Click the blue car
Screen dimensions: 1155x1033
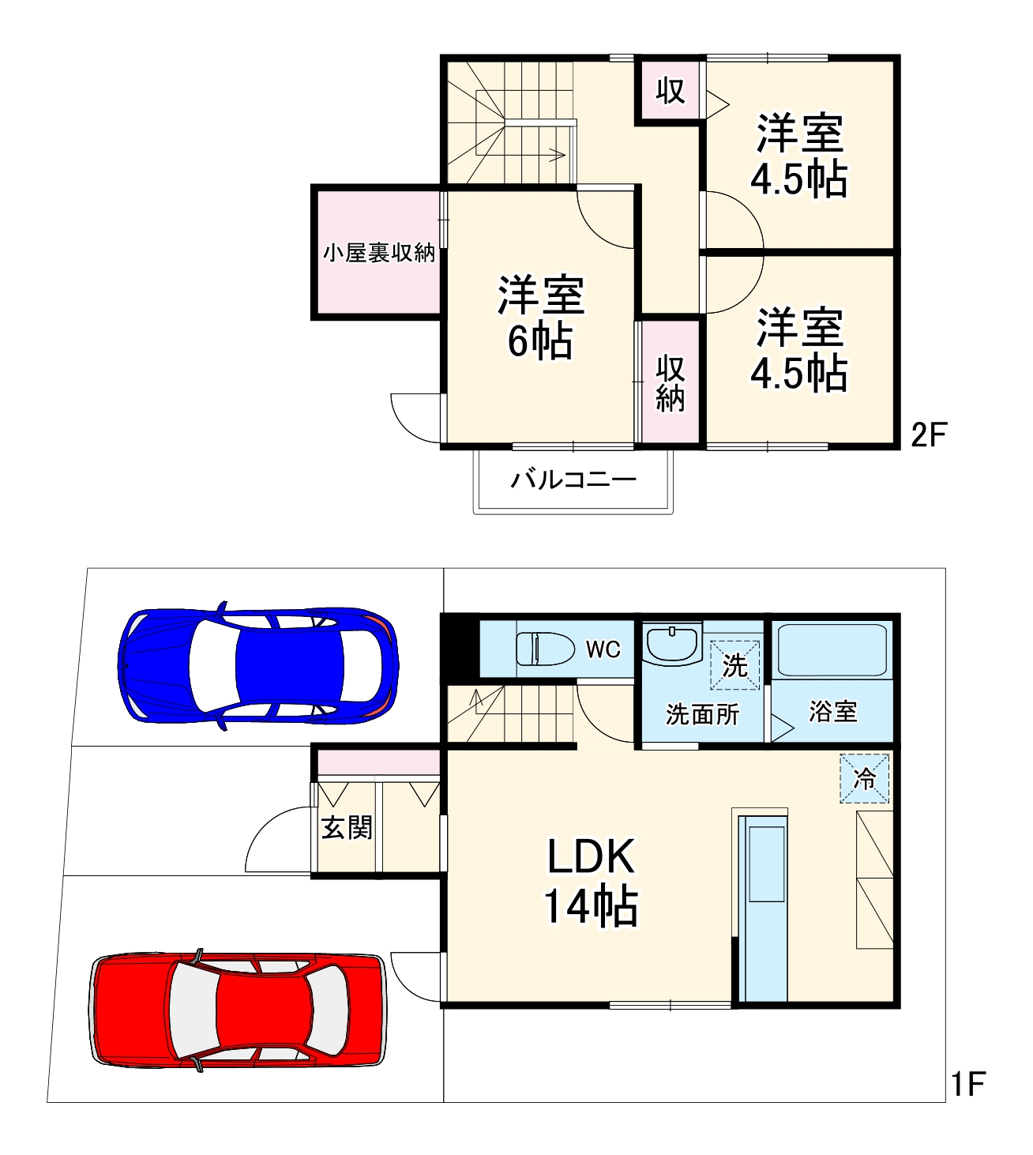coord(257,665)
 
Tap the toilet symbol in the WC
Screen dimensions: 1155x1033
coord(545,649)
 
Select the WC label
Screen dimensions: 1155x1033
coord(603,649)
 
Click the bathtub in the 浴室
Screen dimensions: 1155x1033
coord(832,649)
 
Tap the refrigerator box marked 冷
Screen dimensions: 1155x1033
coord(865,778)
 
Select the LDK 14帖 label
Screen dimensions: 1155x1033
coord(591,880)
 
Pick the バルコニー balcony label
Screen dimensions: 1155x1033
coord(573,480)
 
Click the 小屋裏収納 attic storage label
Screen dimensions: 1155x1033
coord(378,253)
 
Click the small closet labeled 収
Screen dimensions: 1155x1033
coord(671,91)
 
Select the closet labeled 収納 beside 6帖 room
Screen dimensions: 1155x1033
coord(670,383)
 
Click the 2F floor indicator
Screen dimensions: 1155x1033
coord(928,435)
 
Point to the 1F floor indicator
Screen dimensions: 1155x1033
coord(967,1084)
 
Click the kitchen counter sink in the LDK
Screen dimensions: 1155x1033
coord(766,864)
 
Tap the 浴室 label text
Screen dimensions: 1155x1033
coord(832,711)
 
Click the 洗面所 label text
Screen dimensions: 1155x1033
coord(702,714)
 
